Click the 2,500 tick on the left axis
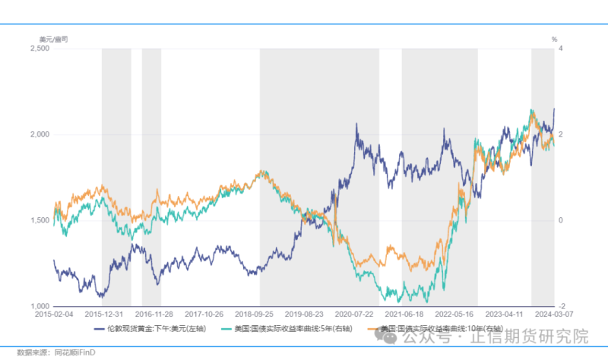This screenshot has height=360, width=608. pyautogui.click(x=39, y=49)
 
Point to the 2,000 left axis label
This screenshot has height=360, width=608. pyautogui.click(x=39, y=134)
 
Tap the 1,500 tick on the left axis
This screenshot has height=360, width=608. pyautogui.click(x=39, y=220)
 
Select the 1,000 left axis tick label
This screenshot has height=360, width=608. pyautogui.click(x=39, y=306)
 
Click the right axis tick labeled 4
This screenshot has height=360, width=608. pyautogui.click(x=561, y=49)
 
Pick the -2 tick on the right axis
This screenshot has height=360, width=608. pyautogui.click(x=561, y=306)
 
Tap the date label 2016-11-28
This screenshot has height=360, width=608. pyautogui.click(x=154, y=313)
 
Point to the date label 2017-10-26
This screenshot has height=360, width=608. pyautogui.click(x=204, y=313)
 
